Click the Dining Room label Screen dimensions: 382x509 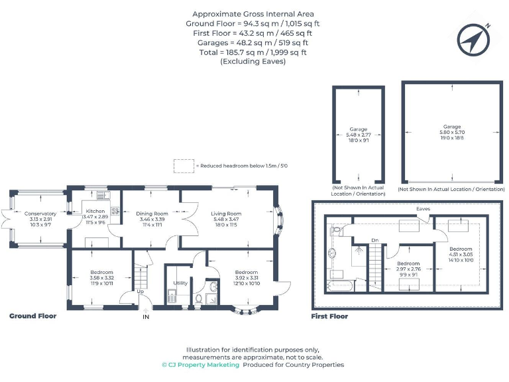[152, 214]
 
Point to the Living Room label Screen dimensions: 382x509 [224, 214]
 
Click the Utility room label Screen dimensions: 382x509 [180, 283]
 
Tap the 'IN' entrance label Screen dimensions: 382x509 [146, 317]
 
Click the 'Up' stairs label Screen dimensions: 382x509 [141, 291]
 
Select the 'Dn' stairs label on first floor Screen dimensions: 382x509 [374, 240]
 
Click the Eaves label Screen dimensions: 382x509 [424, 208]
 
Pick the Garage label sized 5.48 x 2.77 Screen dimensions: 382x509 [359, 129]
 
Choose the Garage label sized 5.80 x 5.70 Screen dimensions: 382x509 [452, 127]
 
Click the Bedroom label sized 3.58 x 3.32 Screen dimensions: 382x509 [102, 273]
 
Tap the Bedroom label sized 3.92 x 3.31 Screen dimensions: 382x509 [246, 273]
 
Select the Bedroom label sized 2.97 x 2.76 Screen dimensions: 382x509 [408, 263]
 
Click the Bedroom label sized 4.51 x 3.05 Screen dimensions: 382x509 [461, 248]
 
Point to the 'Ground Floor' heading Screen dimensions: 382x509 [32, 316]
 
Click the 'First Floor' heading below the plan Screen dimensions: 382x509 [329, 316]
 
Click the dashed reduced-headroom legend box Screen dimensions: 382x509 [182, 165]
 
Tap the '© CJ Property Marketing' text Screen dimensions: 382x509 [200, 365]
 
